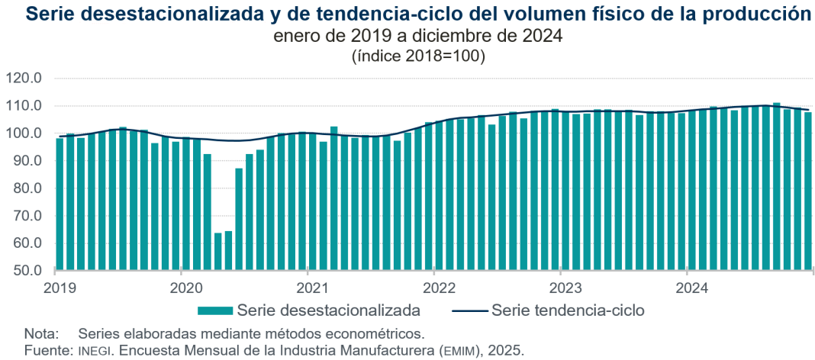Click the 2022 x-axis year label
pyautogui.click(x=433, y=288)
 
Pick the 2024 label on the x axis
pyautogui.click(x=687, y=288)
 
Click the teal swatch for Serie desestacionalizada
pyautogui.click(x=215, y=310)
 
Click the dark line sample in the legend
pyautogui.click(x=469, y=310)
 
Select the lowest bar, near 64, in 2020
pyautogui.click(x=218, y=252)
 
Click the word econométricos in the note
pyautogui.click(x=379, y=334)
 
